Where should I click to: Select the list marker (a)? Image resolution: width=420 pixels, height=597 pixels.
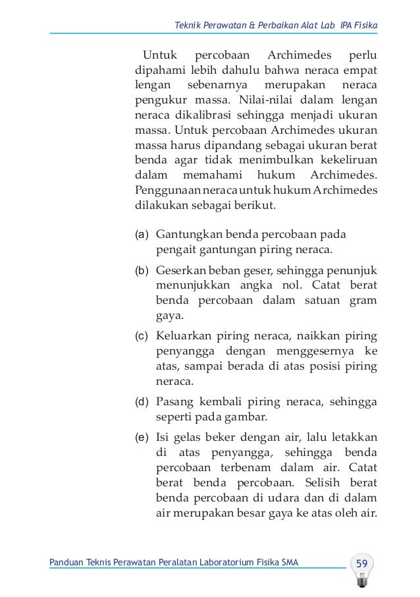pyautogui.click(x=142, y=235)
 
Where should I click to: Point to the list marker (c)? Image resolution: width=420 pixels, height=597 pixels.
pyautogui.click(x=142, y=336)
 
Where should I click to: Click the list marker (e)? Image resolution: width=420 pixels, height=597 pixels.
pyautogui.click(x=142, y=436)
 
